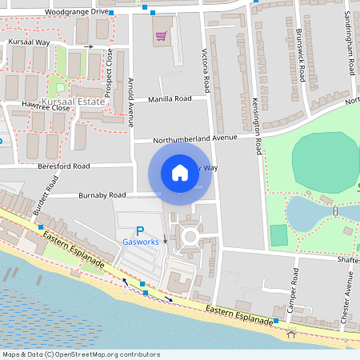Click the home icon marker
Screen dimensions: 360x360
180,172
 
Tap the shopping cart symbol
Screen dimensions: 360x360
162,36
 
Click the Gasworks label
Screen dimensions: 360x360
141,242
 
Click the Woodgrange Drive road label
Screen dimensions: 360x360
77,13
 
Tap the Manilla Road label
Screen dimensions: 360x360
170,99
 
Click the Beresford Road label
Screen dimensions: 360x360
63,166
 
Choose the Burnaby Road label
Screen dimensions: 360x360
102,194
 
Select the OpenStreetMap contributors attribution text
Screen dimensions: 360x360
82,354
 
